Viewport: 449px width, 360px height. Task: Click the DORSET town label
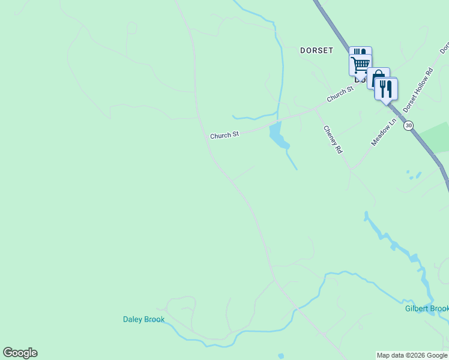316,50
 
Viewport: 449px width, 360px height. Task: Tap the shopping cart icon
360,64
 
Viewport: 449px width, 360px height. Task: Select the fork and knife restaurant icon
385,89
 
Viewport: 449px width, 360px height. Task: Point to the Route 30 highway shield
409,125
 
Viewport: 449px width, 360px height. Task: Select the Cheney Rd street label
333,139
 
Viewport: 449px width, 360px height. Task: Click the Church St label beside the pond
224,136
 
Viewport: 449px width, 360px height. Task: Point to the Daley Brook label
143,319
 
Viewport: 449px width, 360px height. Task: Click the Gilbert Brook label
426,308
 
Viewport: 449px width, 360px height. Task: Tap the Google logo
20,353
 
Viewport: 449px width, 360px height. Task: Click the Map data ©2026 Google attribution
412,355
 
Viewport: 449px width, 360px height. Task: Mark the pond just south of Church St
277,136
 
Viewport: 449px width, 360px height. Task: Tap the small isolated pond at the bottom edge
280,356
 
